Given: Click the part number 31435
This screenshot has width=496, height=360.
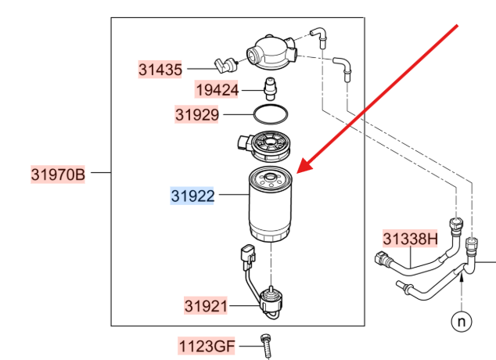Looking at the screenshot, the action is click(160, 70).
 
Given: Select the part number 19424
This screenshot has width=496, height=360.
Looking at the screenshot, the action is click(217, 90).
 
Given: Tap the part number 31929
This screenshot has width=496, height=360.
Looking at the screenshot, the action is click(196, 114).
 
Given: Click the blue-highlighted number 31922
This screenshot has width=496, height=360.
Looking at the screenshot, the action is click(192, 196).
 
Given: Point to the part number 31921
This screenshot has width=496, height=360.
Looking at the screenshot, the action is click(206, 306).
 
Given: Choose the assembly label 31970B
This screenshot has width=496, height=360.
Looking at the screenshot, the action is click(58, 175).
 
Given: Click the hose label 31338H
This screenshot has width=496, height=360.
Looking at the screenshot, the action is click(410, 239).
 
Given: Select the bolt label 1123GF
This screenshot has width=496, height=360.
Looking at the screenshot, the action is click(207, 346).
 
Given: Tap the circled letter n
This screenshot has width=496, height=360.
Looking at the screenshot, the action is click(462, 322).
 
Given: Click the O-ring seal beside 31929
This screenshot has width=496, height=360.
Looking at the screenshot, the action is click(271, 105).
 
